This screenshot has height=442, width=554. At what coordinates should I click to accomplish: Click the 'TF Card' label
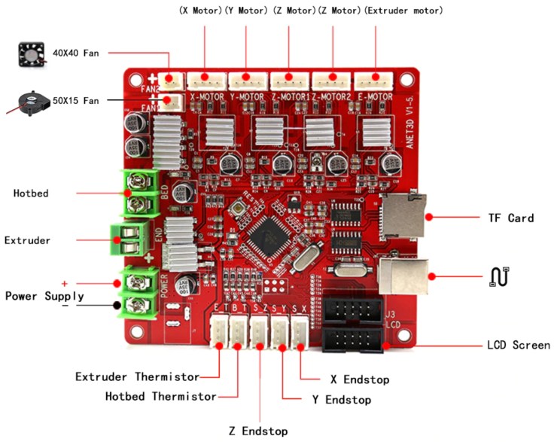pyautogui.click(x=510, y=218)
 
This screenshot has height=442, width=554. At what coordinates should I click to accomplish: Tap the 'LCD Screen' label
pyautogui.click(x=518, y=346)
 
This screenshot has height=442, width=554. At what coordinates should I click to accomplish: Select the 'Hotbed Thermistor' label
pyautogui.click(x=161, y=396)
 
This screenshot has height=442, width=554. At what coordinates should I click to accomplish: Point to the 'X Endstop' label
pyautogui.click(x=360, y=380)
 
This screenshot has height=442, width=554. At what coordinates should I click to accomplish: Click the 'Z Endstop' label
pyautogui.click(x=258, y=431)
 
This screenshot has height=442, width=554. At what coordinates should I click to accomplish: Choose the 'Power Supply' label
pyautogui.click(x=45, y=296)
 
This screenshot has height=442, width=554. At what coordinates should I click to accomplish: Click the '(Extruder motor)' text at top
pyautogui.click(x=403, y=11)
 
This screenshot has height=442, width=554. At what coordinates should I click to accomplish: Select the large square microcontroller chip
pyautogui.click(x=267, y=239)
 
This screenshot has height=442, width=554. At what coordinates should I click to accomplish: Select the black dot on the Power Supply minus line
pyautogui.click(x=116, y=306)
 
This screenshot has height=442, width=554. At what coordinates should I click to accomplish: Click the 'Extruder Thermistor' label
pyautogui.click(x=137, y=376)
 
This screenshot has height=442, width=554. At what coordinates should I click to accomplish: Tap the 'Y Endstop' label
pyautogui.click(x=341, y=400)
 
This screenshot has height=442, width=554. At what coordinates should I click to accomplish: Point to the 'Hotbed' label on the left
pyautogui.click(x=31, y=194)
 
